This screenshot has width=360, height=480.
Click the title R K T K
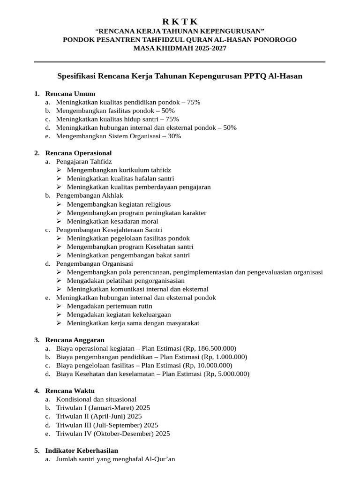point(180,22)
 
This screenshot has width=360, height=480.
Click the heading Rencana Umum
point(70,94)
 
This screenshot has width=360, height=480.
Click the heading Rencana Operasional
point(78,153)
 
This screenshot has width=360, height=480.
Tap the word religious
point(156,204)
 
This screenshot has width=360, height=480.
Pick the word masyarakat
point(181,323)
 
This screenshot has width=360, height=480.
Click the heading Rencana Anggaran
point(75,340)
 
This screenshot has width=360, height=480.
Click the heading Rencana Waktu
point(70,391)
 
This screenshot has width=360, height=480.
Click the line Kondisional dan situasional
point(96,399)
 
